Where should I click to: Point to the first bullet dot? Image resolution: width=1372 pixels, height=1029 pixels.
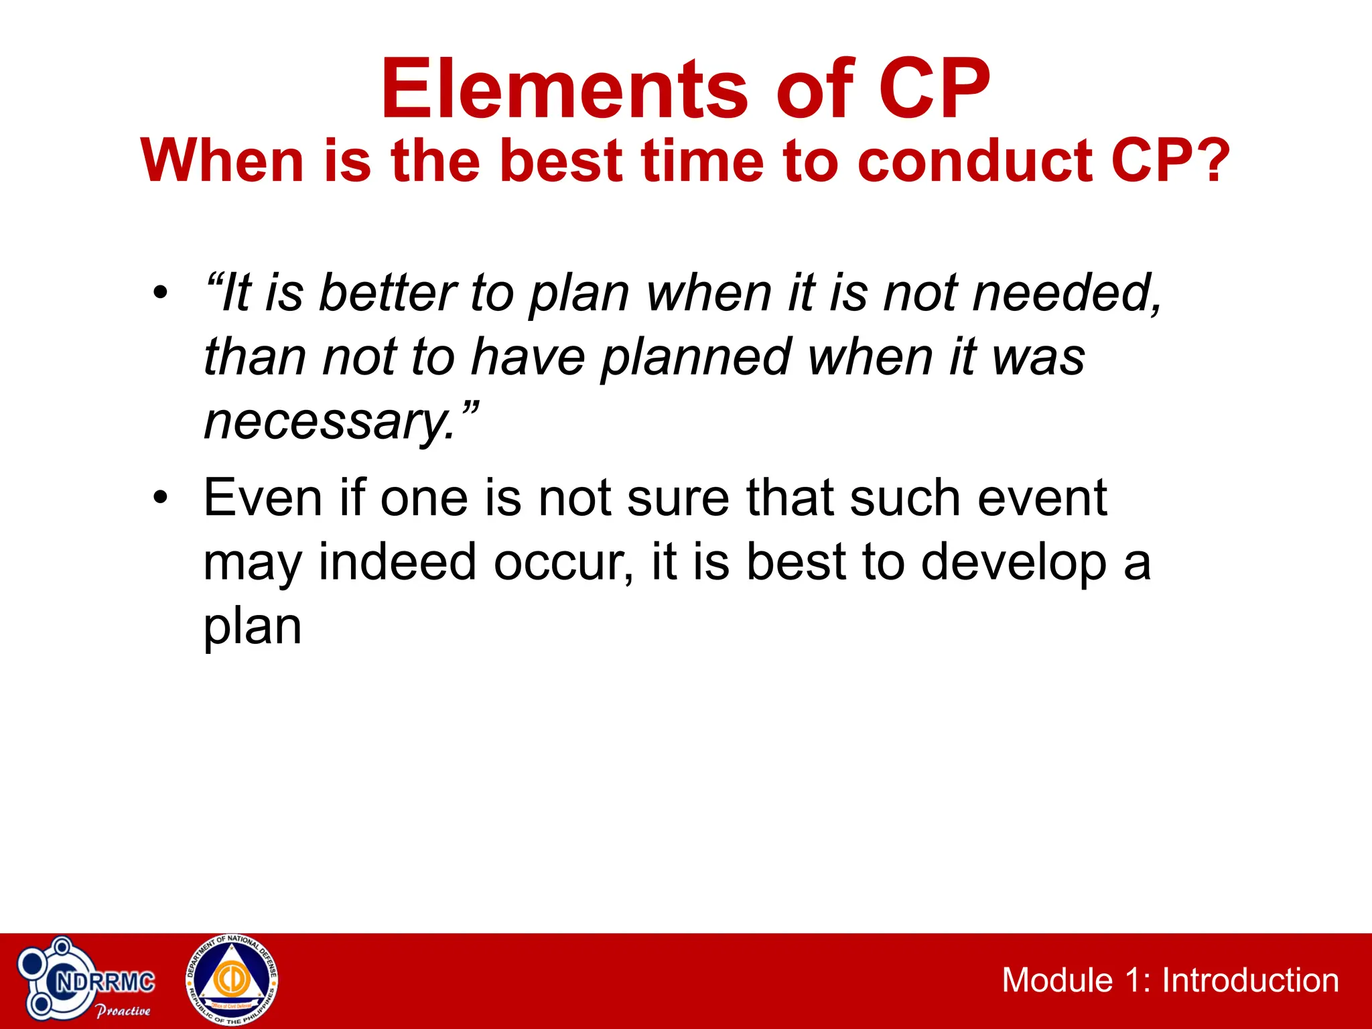[159, 293]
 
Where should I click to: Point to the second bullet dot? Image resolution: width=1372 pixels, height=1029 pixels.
[159, 498]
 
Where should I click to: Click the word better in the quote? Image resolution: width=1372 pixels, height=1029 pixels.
[387, 293]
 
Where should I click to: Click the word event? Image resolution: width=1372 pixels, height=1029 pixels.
[1042, 498]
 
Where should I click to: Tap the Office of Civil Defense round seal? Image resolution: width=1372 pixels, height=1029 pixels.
[232, 980]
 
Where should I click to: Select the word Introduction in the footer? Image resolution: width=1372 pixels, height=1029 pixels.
[1250, 980]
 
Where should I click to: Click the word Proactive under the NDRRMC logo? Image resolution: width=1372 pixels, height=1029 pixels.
[123, 1011]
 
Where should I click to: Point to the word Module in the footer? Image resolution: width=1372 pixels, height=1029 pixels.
[1056, 980]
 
